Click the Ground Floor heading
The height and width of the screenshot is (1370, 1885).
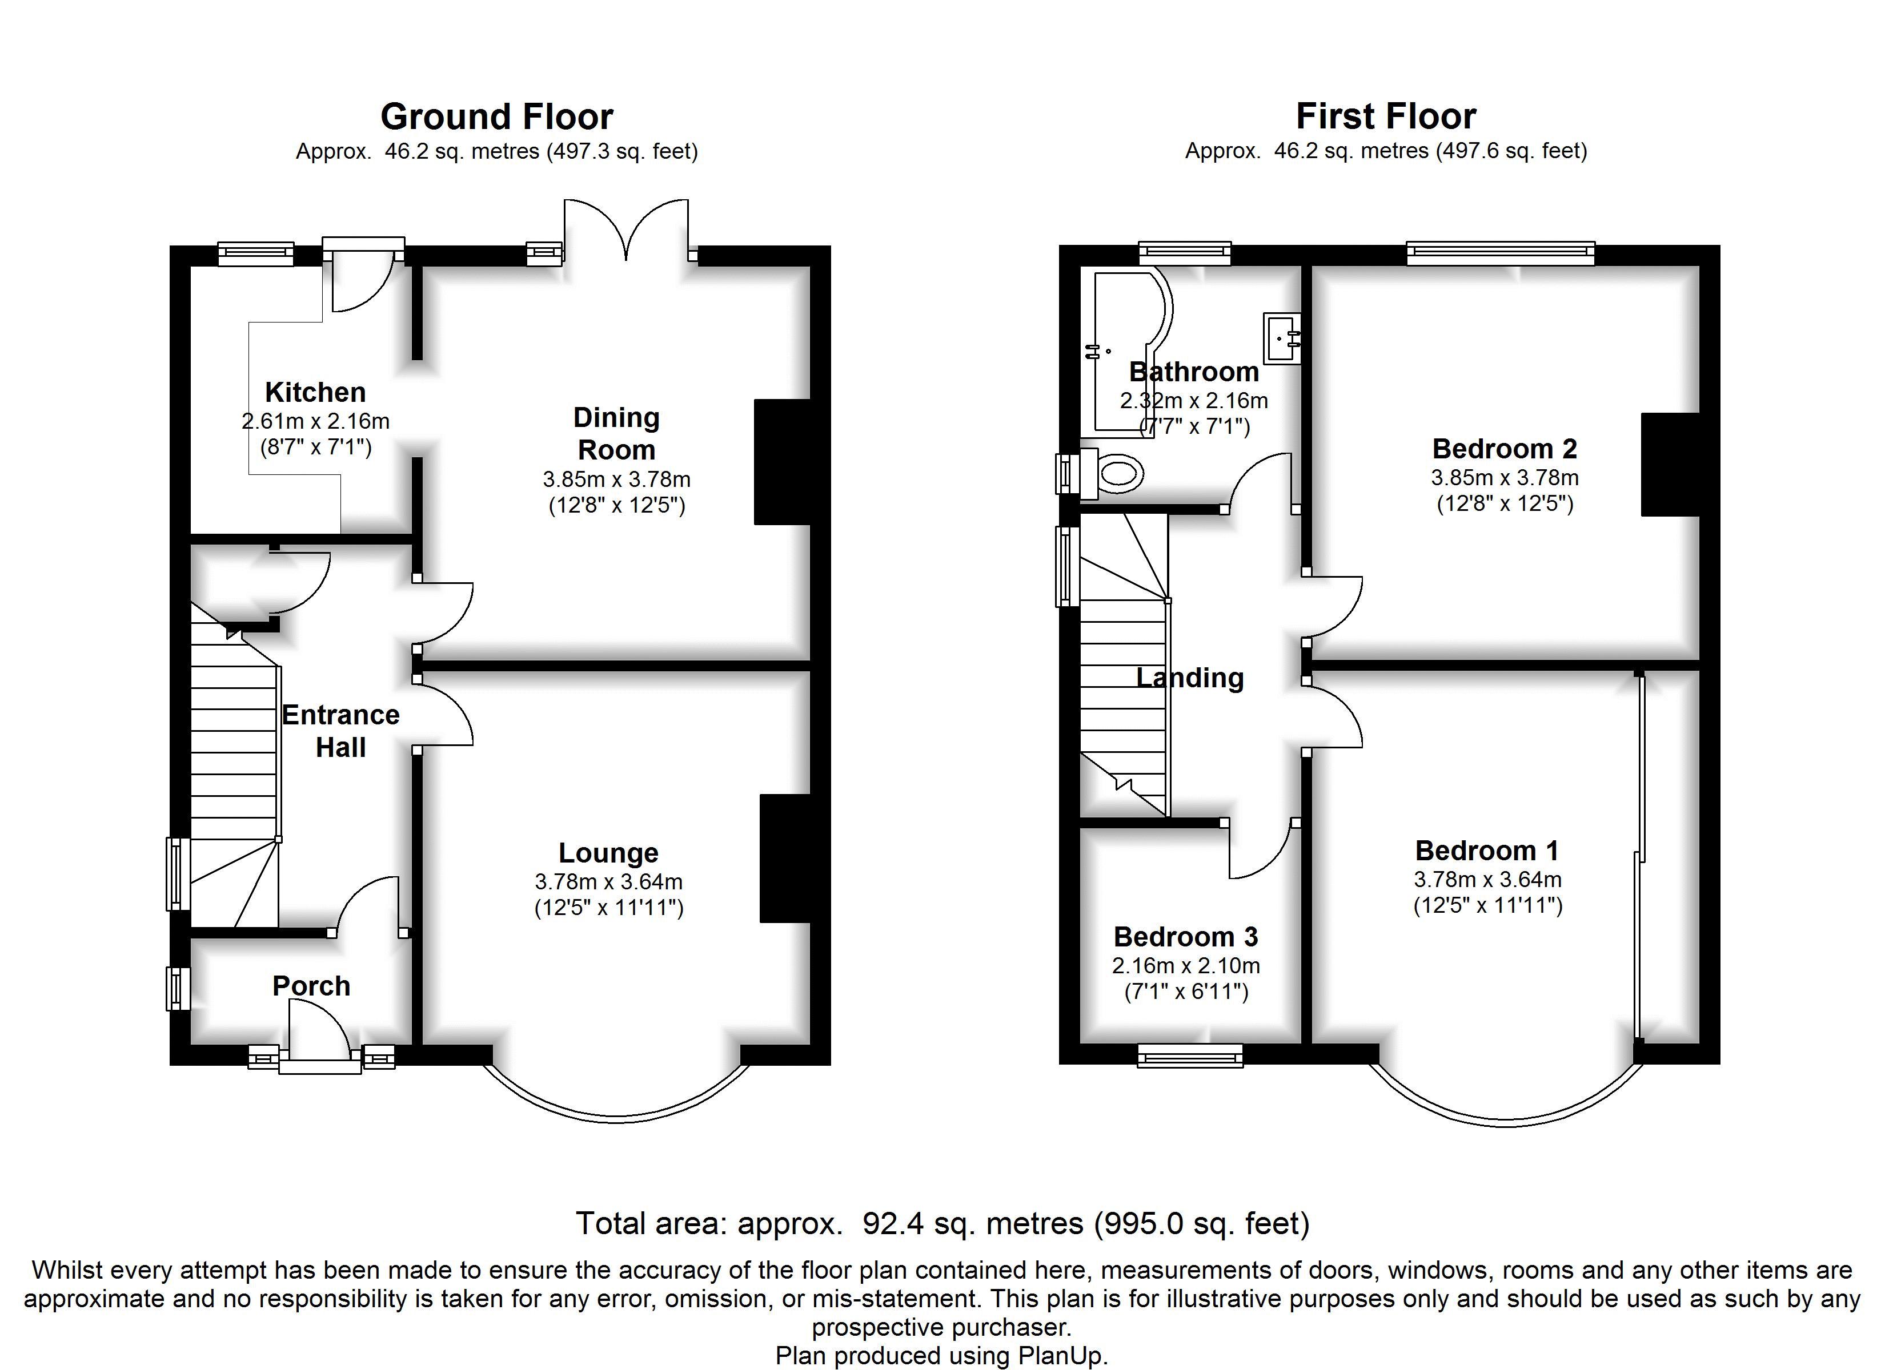[497, 117]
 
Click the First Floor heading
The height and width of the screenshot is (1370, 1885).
[1386, 116]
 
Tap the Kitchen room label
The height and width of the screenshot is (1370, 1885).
[315, 392]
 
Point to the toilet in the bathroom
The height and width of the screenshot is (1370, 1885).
[1110, 474]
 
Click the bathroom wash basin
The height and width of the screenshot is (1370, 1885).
[1282, 338]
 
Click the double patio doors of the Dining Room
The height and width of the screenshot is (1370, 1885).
[627, 228]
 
